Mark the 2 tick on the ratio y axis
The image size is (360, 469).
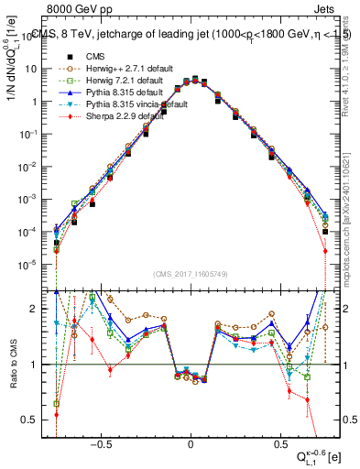click(42, 309)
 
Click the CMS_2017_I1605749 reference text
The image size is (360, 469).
click(191, 273)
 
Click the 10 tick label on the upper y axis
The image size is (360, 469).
click(38, 69)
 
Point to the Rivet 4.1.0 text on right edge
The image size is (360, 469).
click(352, 64)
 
